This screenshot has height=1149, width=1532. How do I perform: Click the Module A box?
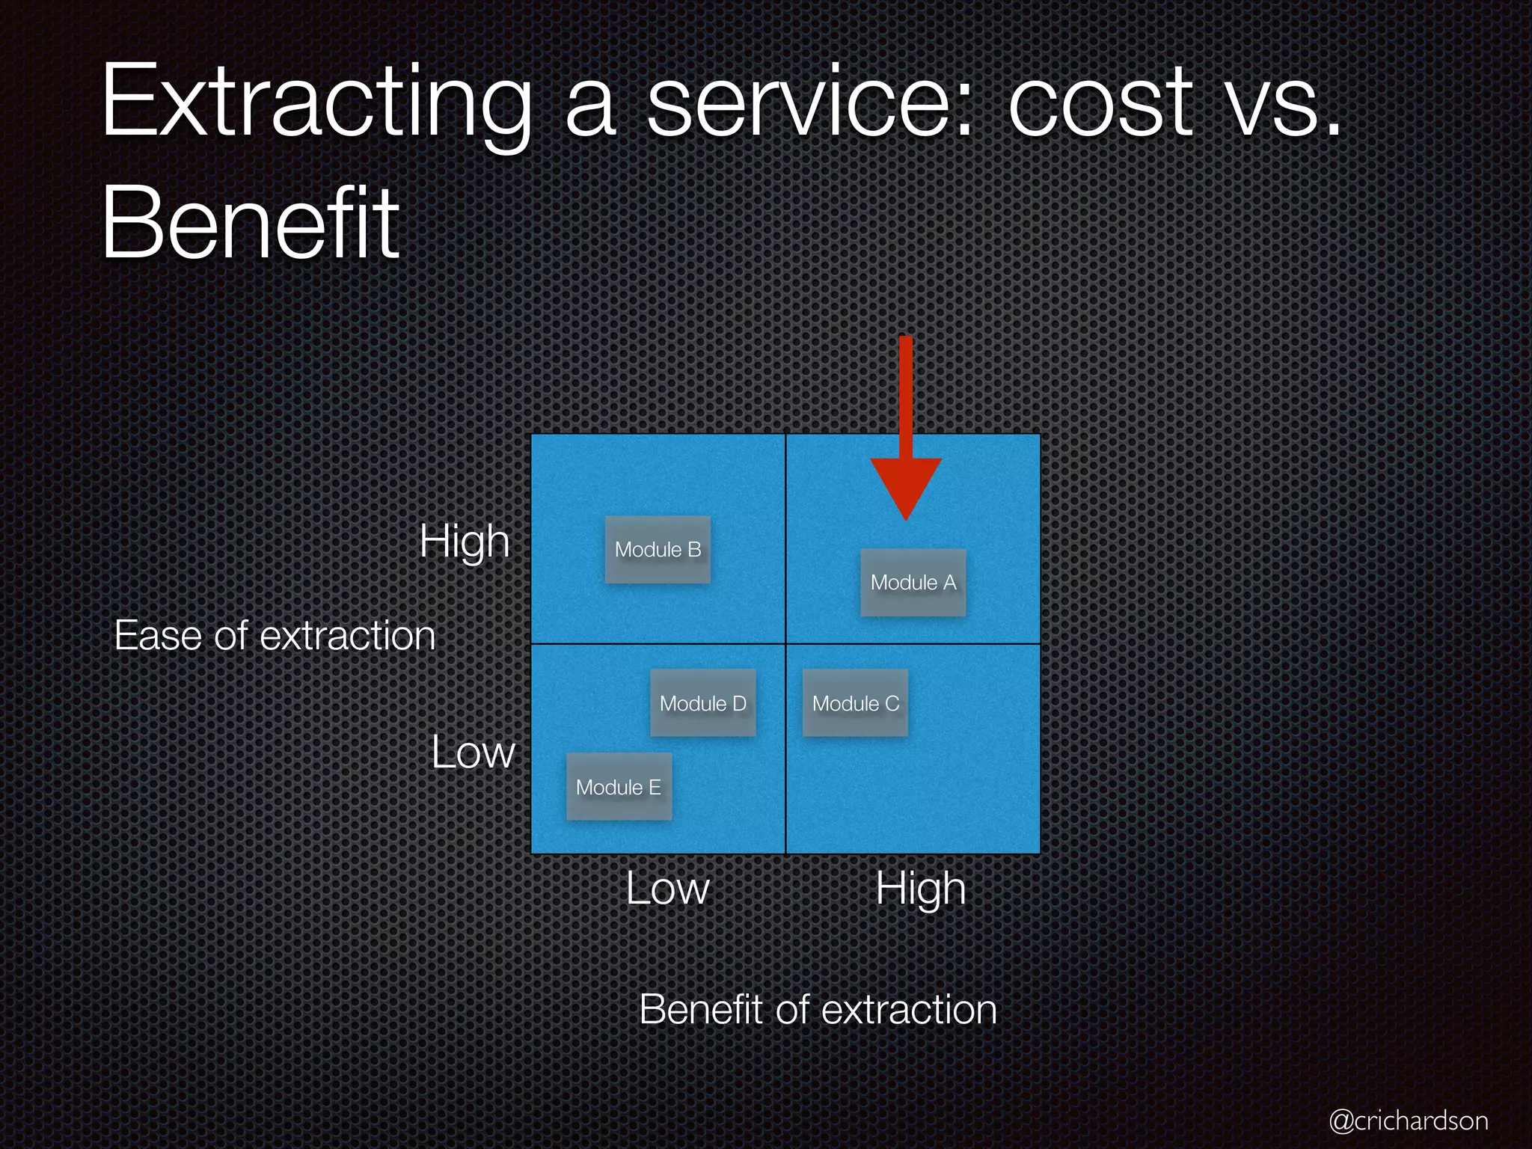point(913,583)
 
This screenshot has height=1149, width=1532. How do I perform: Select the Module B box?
point(658,550)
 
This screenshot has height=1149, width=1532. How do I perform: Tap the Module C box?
point(855,703)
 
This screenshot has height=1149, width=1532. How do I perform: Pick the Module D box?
point(702,703)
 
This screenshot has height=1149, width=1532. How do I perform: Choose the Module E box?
point(619,787)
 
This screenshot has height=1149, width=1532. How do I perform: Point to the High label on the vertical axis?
point(465,541)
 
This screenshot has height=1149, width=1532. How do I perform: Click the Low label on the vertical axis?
point(473,752)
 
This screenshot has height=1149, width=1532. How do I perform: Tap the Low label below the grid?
point(667,889)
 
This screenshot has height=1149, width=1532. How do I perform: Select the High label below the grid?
point(921,889)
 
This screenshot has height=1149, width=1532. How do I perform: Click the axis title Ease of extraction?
point(275,636)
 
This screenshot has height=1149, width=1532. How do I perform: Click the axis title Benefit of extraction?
point(818,1009)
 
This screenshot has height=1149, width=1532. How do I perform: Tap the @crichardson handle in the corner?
point(1408,1121)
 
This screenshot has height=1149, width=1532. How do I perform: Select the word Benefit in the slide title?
point(251,222)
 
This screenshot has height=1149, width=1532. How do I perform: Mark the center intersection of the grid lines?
point(785,643)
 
